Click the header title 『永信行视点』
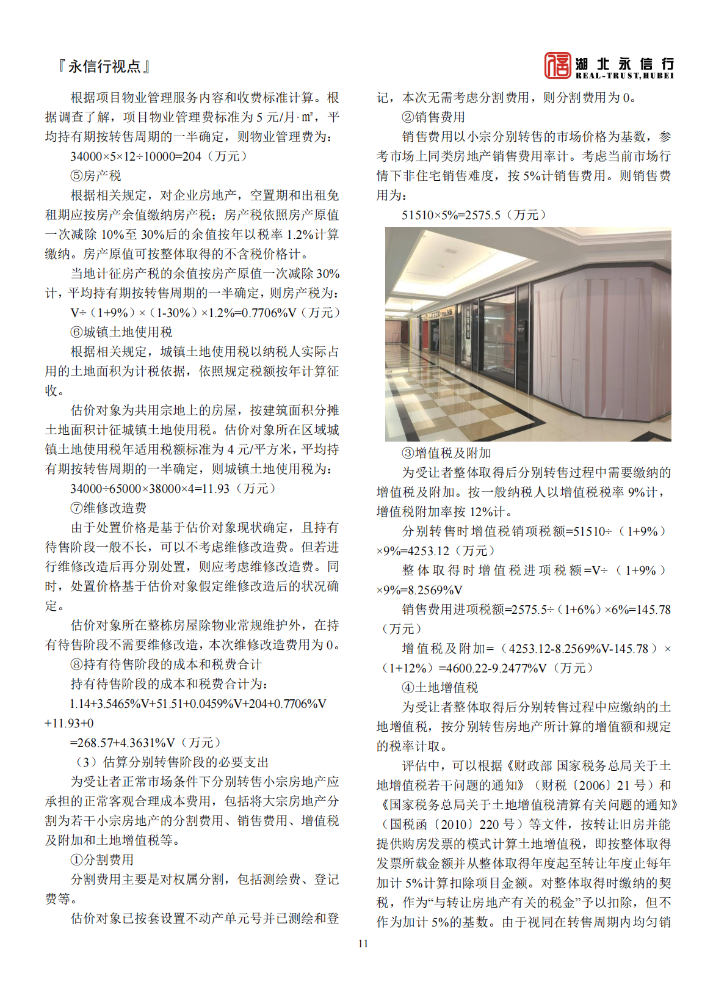tap(104, 67)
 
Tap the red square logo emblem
tap(557, 65)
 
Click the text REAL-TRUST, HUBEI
tap(624, 76)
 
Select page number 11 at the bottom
tap(363, 944)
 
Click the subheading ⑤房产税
tap(96, 176)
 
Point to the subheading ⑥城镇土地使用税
tap(121, 332)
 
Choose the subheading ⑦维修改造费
tap(109, 508)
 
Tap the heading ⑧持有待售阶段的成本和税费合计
tap(166, 665)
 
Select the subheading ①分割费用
tap(102, 860)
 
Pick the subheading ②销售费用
tap(433, 117)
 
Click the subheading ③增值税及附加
tap(446, 453)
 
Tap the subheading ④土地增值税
tap(439, 688)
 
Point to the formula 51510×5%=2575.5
tap(474, 215)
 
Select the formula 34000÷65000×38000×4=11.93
tap(173, 489)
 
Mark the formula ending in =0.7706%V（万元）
tap(205, 313)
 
